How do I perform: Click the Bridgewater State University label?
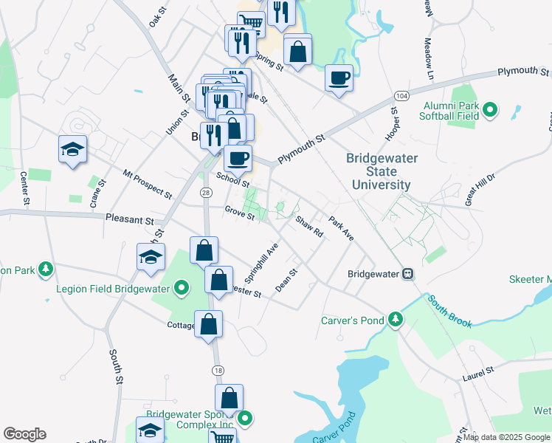click(x=382, y=171)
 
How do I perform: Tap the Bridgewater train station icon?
click(x=407, y=274)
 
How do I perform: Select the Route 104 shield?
click(x=401, y=97)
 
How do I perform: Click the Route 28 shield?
click(x=205, y=192)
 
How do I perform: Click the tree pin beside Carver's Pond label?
click(x=396, y=320)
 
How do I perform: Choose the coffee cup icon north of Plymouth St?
click(x=339, y=78)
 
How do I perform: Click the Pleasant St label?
click(x=129, y=220)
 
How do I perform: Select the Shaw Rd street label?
click(x=309, y=227)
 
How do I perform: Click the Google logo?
click(x=24, y=434)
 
